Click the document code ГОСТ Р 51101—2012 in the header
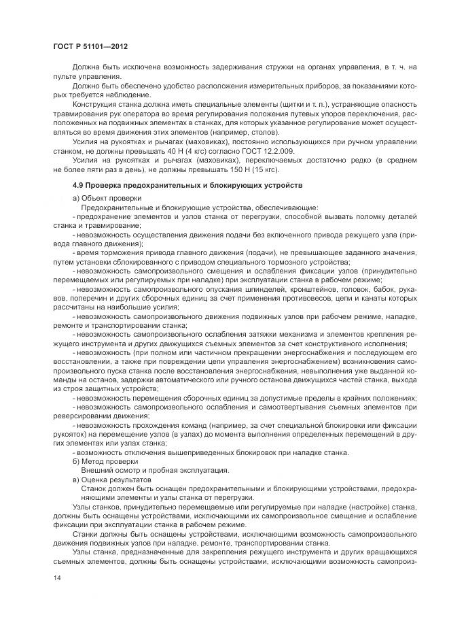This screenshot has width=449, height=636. (x=90, y=46)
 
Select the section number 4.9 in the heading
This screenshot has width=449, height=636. (x=78, y=185)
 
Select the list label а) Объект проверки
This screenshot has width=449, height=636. (x=103, y=198)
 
